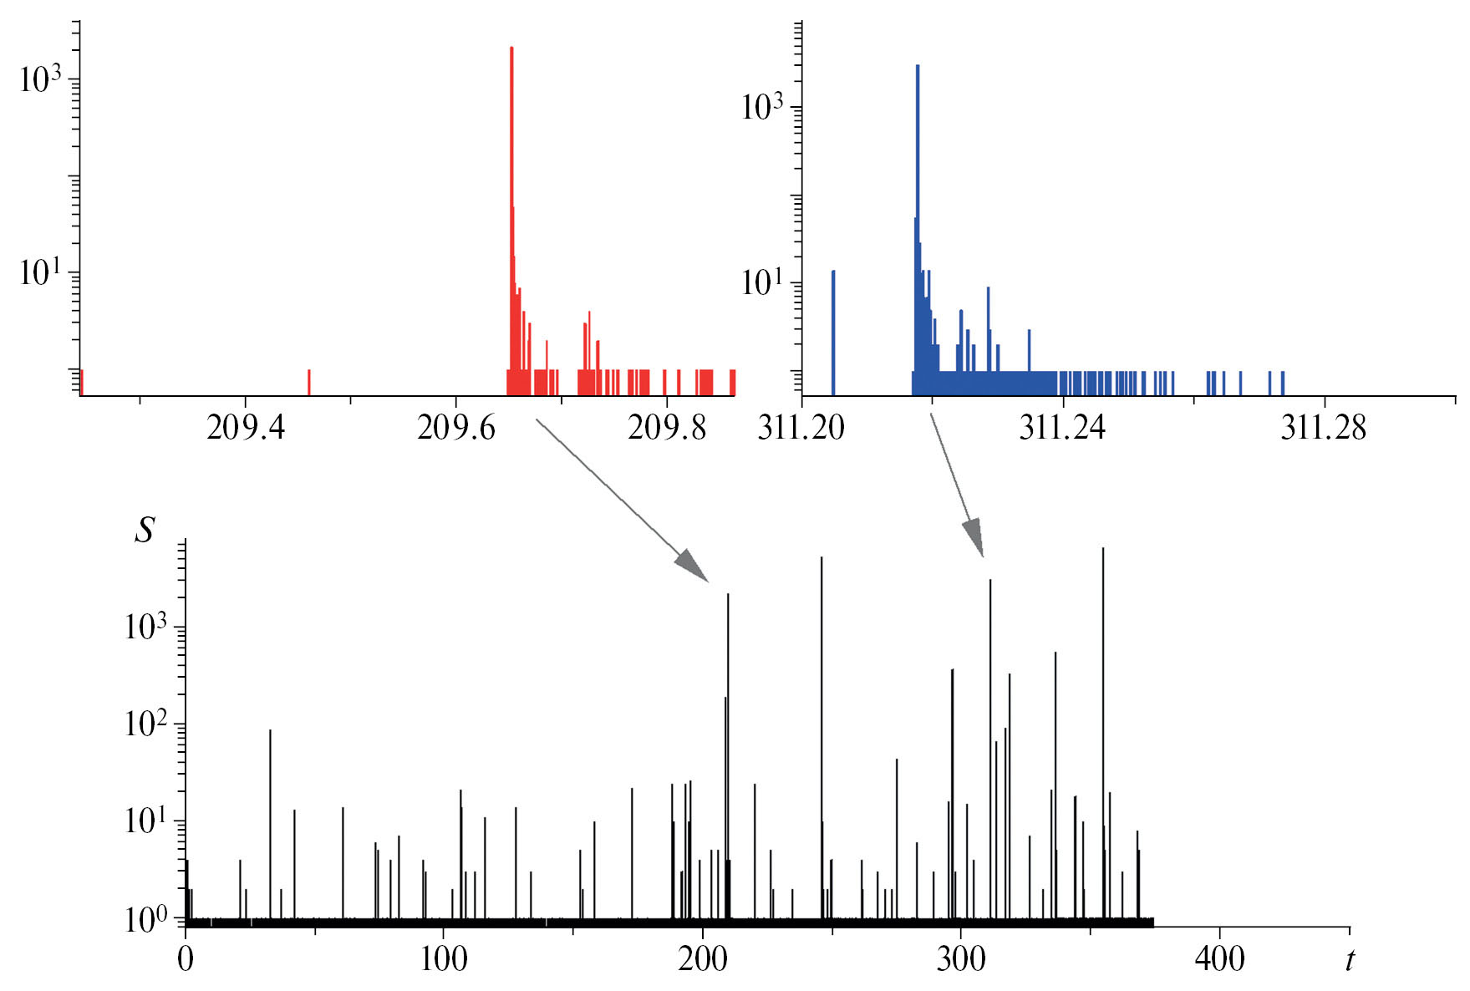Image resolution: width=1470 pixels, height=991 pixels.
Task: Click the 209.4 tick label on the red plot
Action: pos(245,428)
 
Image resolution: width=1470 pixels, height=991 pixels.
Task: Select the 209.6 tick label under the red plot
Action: pos(455,428)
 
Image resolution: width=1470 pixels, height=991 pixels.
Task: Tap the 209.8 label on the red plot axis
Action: pos(666,428)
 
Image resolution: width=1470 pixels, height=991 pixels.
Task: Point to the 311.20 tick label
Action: pos(801,428)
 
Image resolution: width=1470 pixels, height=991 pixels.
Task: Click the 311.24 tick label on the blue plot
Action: pos(1061,428)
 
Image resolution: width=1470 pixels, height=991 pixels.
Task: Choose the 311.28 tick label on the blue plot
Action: pos(1323,428)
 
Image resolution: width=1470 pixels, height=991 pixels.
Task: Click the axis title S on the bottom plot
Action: pos(145,530)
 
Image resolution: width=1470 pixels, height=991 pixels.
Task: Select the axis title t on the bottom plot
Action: pos(1349,959)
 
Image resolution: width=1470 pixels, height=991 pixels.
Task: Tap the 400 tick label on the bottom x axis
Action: pos(1219,959)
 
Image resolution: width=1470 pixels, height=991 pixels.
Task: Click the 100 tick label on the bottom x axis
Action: pos(444,959)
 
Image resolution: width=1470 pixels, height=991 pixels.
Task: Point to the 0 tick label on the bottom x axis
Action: pos(185,959)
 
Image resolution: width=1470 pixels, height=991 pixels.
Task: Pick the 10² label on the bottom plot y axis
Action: pos(145,724)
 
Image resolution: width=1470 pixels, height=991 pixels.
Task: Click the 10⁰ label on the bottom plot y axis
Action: pos(145,919)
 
